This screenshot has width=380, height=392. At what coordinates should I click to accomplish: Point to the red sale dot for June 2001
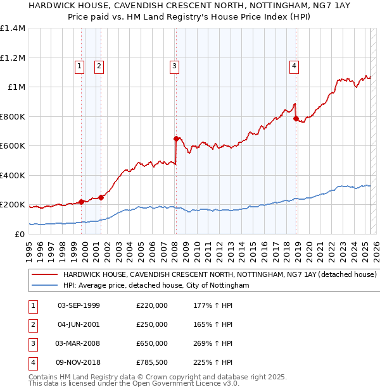101,197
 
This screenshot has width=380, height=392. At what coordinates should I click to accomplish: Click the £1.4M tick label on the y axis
13,28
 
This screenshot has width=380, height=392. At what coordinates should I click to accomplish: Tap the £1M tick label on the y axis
16,87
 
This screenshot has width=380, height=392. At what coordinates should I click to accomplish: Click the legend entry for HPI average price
156,286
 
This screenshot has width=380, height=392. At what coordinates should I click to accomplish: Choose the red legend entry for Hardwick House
220,275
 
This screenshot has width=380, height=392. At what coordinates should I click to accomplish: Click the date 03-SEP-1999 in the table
79,306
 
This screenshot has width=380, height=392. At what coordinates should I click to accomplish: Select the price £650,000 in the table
152,344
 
